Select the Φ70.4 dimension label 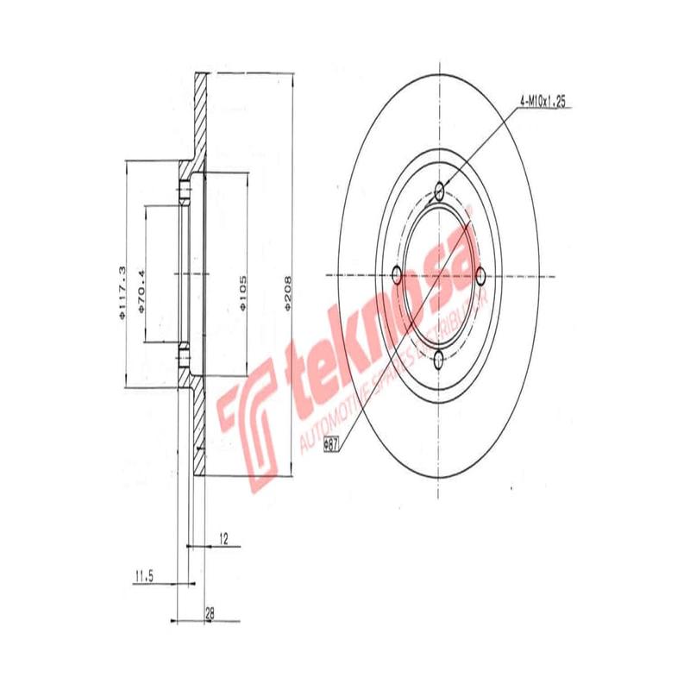(141, 284)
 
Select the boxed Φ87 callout (330, 445)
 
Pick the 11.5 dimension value (143, 576)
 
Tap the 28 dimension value (210, 613)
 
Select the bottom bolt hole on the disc (440, 360)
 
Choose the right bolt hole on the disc (481, 276)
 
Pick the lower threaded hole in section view (185, 354)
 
